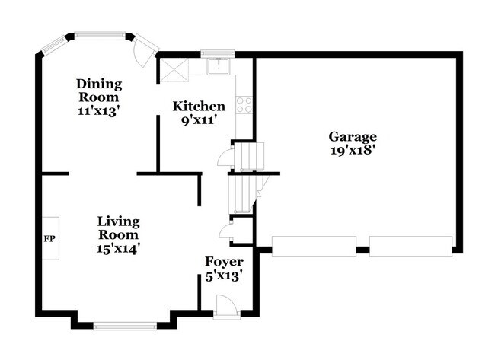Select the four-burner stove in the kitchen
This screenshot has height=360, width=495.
(244, 105)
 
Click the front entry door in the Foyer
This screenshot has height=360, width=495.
(225, 306)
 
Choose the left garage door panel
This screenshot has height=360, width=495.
(314, 247)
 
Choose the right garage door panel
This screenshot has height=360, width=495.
(410, 247)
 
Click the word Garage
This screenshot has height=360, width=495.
(353, 137)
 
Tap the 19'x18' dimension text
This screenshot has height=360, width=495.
(353, 151)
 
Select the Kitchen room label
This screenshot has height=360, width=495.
(199, 107)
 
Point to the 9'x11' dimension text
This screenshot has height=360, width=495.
(199, 120)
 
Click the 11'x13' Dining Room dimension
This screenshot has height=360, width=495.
(99, 110)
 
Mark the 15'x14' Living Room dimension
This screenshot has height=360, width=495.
(118, 248)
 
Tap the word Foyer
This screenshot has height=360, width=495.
(224, 263)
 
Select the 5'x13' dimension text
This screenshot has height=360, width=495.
(224, 276)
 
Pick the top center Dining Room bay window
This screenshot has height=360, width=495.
(99, 34)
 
